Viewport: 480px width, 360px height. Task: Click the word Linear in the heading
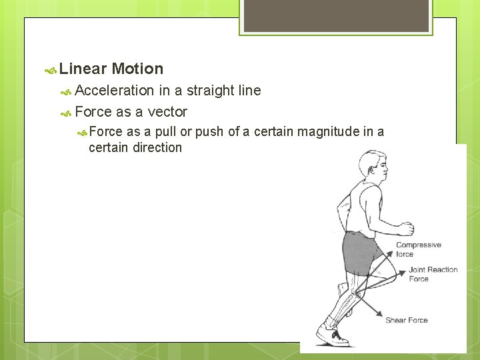(x=83, y=69)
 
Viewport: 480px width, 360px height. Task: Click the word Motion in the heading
(x=137, y=69)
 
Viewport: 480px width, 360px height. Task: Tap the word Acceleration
(x=114, y=90)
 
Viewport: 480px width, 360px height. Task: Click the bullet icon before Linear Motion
(x=50, y=69)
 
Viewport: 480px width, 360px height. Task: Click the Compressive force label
(x=418, y=249)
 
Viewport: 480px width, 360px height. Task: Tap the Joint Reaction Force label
(x=433, y=274)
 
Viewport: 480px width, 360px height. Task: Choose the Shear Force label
(x=406, y=321)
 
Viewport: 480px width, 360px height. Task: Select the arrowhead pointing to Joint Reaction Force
(x=403, y=273)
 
